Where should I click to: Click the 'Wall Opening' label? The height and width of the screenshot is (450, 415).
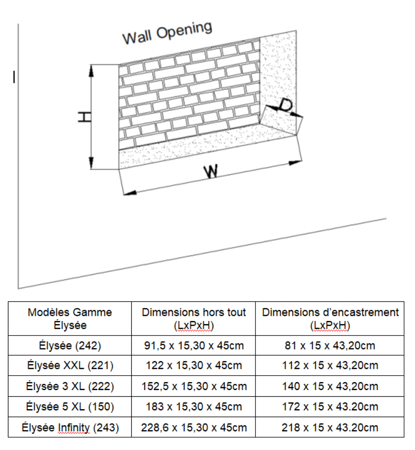(167, 33)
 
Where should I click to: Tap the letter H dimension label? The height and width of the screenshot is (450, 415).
(85, 117)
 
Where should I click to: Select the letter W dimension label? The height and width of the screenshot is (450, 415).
(211, 171)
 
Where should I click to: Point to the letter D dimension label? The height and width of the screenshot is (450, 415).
(285, 105)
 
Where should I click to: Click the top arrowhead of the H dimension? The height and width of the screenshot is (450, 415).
(91, 71)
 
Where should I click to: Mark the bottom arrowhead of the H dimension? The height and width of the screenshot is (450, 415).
(91, 163)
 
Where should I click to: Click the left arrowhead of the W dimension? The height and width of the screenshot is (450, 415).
(130, 193)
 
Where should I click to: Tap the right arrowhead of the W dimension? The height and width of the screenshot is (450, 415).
(295, 163)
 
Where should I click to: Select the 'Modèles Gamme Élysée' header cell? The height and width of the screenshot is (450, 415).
(70, 319)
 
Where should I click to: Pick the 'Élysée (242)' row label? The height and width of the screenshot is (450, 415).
(70, 346)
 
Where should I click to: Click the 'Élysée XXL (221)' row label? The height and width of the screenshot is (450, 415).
(70, 365)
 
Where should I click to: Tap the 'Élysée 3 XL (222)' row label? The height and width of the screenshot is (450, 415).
(70, 386)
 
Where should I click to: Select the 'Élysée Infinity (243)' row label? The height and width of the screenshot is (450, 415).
(70, 427)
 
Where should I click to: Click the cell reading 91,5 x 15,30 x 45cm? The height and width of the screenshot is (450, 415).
(194, 346)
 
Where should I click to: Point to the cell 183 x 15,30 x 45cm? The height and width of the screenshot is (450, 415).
(194, 407)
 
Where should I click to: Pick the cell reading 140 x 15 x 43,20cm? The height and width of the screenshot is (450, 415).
(330, 386)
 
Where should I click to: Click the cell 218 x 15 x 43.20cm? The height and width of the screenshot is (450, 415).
(330, 427)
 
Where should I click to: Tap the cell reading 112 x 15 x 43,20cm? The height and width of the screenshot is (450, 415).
(330, 365)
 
